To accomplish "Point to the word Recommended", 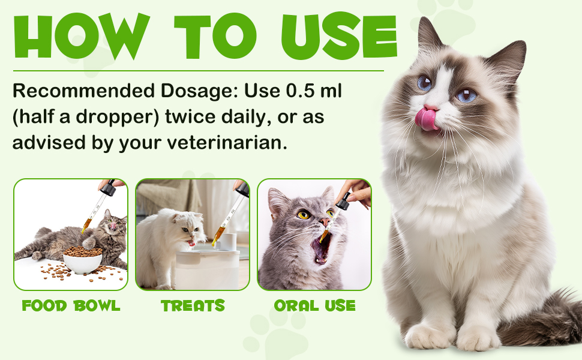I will pyautogui.click(x=77, y=91).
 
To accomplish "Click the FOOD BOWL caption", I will pyautogui.click(x=71, y=305).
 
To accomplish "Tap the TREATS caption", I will pyautogui.click(x=193, y=305).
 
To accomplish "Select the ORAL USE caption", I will pyautogui.click(x=314, y=305).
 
